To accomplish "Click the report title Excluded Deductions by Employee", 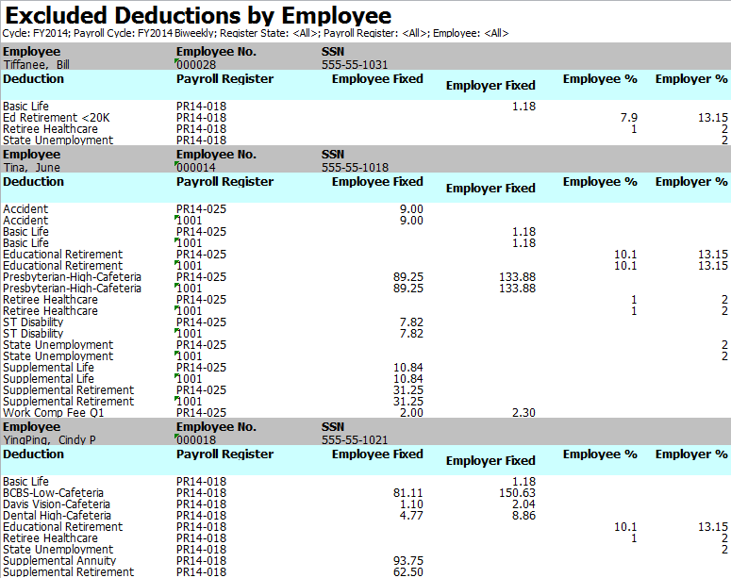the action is point(198,15).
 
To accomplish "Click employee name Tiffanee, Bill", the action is point(37,65).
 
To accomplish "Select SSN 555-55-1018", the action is point(355,167).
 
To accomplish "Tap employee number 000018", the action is point(196,440).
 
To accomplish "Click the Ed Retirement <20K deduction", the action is point(57,118).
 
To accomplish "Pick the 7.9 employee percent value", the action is point(628,118).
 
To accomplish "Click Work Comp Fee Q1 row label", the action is point(54,413).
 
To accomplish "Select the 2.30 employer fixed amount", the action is point(523,413).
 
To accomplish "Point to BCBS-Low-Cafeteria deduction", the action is point(53,493).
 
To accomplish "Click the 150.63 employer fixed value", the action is point(517,493).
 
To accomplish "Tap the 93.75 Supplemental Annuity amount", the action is point(407,561).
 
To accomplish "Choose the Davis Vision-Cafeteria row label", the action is point(57,504).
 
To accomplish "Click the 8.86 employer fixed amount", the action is point(523,516).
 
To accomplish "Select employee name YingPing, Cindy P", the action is point(49,440).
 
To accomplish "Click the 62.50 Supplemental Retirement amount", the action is point(407,572).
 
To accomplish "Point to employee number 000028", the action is point(196,65).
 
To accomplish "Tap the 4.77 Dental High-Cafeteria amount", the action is point(411,516).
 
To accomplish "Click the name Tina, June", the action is point(32,167).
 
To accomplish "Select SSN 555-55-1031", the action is point(355,65).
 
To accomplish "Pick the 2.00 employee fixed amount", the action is point(411,413).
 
